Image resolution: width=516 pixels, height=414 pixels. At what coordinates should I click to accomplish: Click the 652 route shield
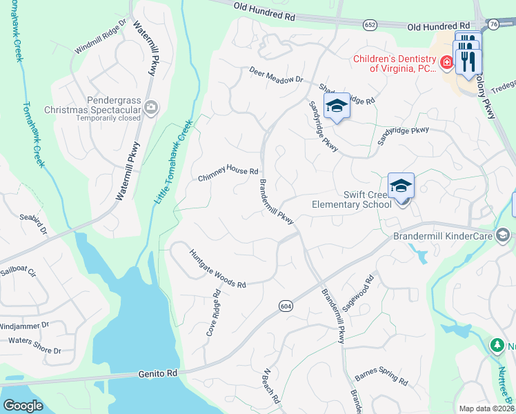[370, 24]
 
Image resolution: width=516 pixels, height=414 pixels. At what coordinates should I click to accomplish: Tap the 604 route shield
[285, 305]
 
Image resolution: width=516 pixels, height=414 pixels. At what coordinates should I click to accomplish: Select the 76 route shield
[493, 24]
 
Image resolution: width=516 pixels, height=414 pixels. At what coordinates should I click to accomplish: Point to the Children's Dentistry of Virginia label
[394, 63]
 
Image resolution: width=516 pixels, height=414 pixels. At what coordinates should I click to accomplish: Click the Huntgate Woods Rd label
[217, 268]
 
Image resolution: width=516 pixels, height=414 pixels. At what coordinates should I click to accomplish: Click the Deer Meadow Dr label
[276, 75]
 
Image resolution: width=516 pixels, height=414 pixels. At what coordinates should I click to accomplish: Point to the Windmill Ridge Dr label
[102, 36]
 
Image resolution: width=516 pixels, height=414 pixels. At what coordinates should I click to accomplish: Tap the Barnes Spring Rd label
[381, 378]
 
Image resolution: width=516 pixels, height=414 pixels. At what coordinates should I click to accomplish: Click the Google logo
[23, 405]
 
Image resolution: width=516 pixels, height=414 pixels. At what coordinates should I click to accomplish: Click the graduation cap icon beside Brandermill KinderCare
[503, 235]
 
